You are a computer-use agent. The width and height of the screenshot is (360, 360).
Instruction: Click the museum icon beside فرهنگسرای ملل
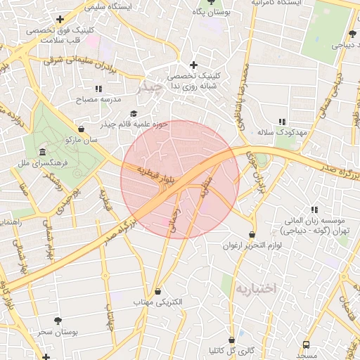pos(43,153)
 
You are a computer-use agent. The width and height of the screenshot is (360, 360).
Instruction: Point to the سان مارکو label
pos(82,140)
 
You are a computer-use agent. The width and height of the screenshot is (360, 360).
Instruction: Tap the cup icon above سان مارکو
pos(82,129)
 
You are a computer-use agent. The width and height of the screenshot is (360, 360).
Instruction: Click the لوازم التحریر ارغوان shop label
pos(252,245)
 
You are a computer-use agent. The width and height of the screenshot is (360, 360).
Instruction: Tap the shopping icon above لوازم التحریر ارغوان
pos(252,235)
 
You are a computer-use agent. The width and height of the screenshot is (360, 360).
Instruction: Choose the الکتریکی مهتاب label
pos(158,302)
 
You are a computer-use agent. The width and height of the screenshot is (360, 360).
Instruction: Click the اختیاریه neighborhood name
pos(256,288)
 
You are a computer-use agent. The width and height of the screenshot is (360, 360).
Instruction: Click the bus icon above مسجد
pos(306,345)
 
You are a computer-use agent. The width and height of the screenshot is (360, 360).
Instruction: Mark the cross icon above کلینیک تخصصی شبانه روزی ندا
pos(193,65)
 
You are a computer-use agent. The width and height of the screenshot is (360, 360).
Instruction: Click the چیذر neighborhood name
pos(150,89)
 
